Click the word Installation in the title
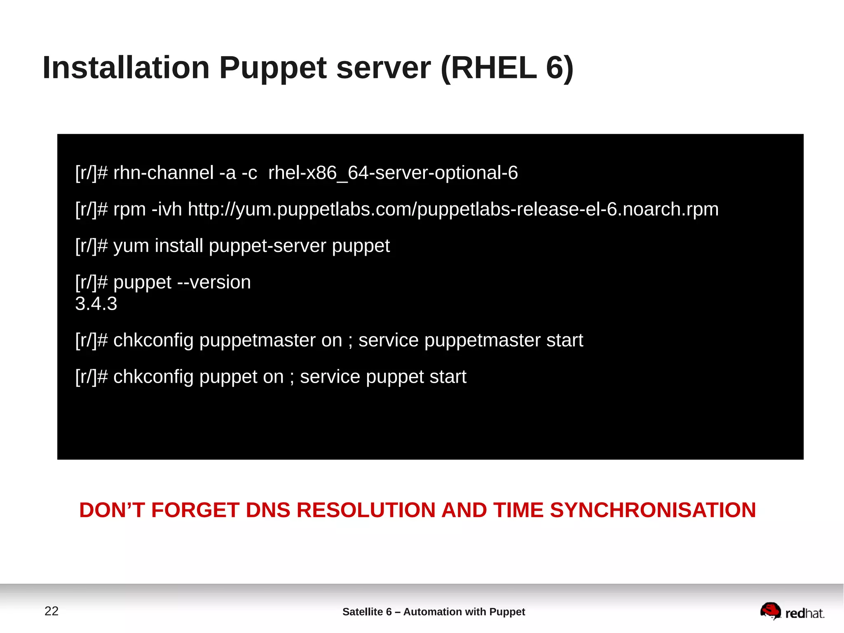pyautogui.click(x=126, y=68)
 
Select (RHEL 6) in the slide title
pyautogui.click(x=507, y=68)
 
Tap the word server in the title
pyautogui.click(x=384, y=68)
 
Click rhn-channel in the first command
pyautogui.click(x=163, y=173)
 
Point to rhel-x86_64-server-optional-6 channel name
pyautogui.click(x=393, y=173)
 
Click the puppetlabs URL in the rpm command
pyautogui.click(x=453, y=209)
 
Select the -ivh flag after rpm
pyautogui.click(x=167, y=209)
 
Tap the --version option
pyautogui.click(x=214, y=282)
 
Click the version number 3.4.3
pyautogui.click(x=96, y=304)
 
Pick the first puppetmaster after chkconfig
pyautogui.click(x=271, y=340)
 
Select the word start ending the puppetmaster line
pyautogui.click(x=565, y=340)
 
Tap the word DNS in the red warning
pyautogui.click(x=268, y=510)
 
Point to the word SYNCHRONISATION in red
pyautogui.click(x=653, y=510)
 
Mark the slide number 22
pyautogui.click(x=52, y=611)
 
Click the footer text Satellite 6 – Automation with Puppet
pyautogui.click(x=434, y=612)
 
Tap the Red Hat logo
pyautogui.click(x=792, y=611)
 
